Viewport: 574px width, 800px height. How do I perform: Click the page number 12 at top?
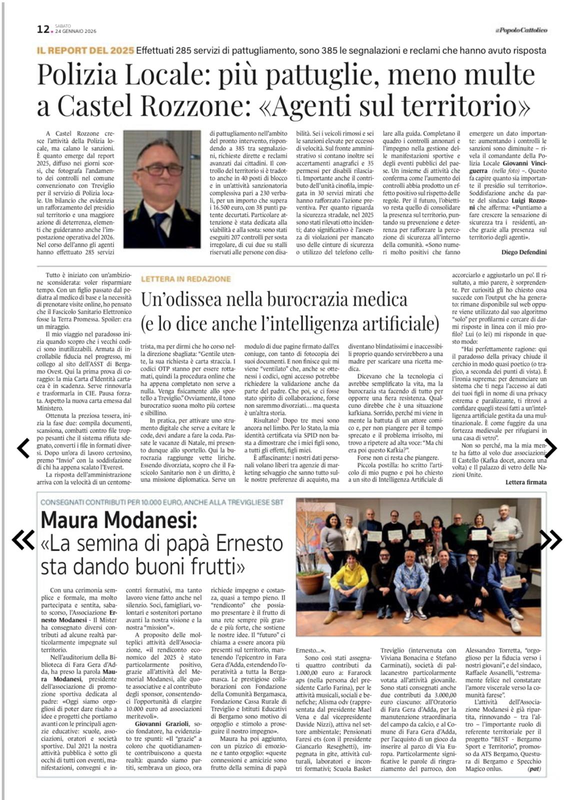pos(42,29)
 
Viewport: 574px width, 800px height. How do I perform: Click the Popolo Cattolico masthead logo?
pos(521,30)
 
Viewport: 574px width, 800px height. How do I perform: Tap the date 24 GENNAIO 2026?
pos(75,32)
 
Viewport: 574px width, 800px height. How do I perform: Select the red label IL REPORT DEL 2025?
pos(85,50)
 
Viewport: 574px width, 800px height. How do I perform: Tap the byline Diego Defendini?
pos(523,252)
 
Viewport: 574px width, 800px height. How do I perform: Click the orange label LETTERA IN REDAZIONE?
pos(186,279)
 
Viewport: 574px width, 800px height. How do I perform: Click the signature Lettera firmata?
pos(525,482)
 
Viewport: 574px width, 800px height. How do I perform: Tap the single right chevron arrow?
pos(550,448)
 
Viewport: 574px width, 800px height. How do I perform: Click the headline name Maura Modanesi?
pos(118,520)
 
